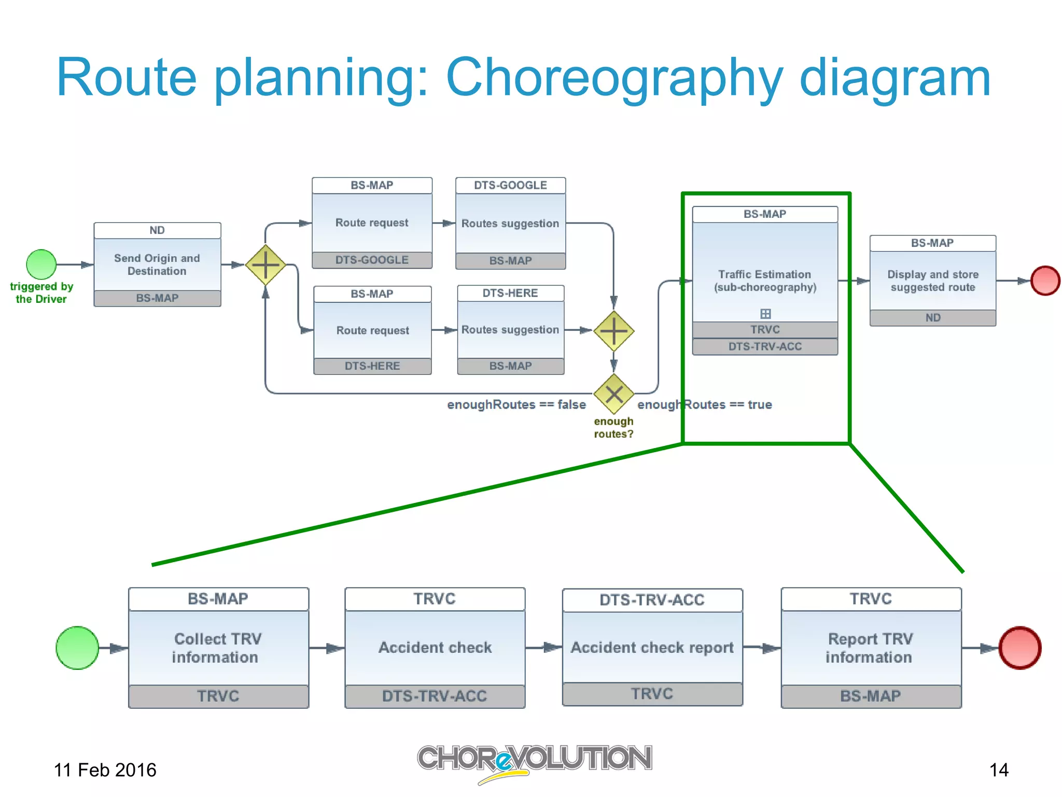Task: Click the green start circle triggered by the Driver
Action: point(41,264)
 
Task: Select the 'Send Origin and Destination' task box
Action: point(157,264)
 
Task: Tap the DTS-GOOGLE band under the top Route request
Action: point(372,260)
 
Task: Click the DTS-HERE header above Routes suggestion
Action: point(510,293)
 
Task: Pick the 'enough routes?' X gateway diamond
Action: point(613,394)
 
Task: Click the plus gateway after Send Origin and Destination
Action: point(265,264)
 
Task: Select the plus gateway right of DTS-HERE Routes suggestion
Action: point(613,331)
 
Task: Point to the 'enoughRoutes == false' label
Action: point(516,404)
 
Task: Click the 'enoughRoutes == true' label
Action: point(705,404)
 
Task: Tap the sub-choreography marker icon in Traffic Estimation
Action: point(765,314)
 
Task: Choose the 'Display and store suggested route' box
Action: point(932,281)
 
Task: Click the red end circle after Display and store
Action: point(1045,281)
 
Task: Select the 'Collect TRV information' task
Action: point(218,648)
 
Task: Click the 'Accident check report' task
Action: point(652,647)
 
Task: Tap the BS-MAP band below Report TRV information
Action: point(871,696)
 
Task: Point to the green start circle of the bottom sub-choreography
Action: point(77,648)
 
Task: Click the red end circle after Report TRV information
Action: point(1020,648)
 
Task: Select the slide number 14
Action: point(999,770)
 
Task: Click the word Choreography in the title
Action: point(614,79)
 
